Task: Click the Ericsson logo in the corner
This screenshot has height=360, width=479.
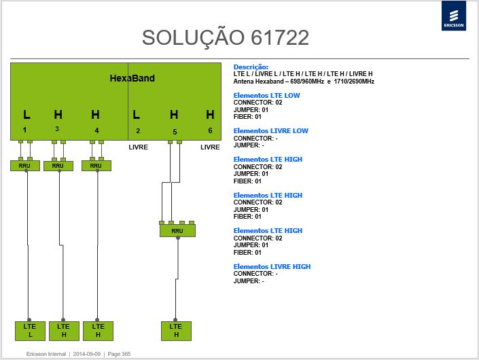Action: tap(454, 16)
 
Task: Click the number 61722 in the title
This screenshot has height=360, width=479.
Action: tap(280, 37)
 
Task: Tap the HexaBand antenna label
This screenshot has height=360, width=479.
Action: tap(132, 78)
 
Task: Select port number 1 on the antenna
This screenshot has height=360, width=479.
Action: tap(24, 130)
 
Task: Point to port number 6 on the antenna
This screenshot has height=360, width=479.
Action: tap(210, 130)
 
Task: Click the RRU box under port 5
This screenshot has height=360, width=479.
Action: tap(177, 231)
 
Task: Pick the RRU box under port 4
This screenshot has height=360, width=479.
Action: tap(96, 166)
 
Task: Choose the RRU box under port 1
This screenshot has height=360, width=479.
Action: tap(24, 166)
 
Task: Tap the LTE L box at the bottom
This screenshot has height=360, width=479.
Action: tap(30, 331)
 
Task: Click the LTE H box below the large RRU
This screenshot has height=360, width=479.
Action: tap(176, 331)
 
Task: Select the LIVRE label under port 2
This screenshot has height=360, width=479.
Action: tap(139, 147)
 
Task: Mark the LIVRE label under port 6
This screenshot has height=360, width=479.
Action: tap(210, 147)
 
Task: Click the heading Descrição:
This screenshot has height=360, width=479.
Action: tap(251, 67)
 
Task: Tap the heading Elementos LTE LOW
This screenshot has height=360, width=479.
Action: tap(267, 95)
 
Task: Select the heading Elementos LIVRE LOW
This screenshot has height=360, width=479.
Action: tap(271, 130)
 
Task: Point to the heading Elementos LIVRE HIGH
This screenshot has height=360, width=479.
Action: tap(272, 266)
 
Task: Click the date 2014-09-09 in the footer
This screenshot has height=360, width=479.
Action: tap(87, 354)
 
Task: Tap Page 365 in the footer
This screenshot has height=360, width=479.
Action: tap(119, 354)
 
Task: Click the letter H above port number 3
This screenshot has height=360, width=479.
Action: tap(58, 115)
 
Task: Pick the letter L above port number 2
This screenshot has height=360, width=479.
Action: tap(137, 115)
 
